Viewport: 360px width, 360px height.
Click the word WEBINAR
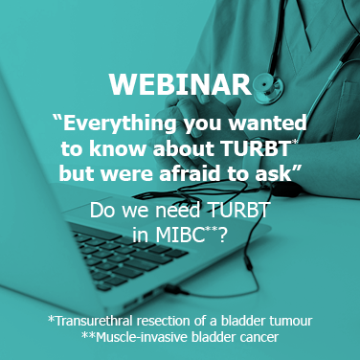179,83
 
